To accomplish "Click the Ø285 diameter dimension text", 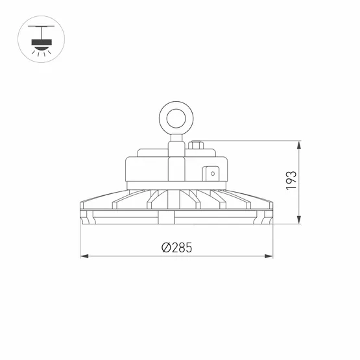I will tap(177, 248).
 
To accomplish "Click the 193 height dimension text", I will tap(291, 180).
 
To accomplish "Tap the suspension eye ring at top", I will tap(176, 117).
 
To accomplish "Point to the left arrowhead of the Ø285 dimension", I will tap(84, 257).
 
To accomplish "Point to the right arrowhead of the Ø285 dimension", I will tap(270, 257).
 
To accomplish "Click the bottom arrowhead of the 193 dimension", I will tap(299, 220).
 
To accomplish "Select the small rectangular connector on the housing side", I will tap(211, 173).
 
